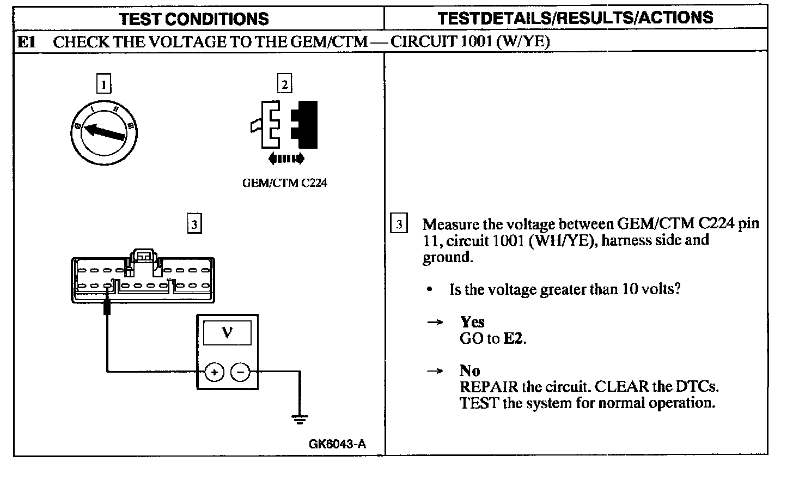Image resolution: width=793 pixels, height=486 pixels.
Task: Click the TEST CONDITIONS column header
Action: (193, 19)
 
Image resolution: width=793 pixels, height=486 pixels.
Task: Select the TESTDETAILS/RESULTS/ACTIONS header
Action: (575, 17)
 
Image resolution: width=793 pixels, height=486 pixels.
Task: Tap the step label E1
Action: (27, 42)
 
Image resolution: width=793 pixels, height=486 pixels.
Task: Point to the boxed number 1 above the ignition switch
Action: (103, 84)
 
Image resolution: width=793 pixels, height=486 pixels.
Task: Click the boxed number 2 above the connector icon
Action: (284, 84)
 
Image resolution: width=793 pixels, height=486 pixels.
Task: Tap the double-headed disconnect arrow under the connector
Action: (286, 159)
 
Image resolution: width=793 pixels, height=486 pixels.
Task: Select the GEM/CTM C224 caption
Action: (284, 183)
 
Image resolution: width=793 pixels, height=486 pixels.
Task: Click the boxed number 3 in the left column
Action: (194, 224)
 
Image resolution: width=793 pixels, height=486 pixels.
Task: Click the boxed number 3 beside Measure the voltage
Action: (399, 224)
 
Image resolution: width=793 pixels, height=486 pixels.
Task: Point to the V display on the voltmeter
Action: (227, 332)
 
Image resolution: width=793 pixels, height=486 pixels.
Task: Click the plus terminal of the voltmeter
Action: (214, 372)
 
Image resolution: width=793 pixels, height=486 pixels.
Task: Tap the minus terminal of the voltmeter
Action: (241, 372)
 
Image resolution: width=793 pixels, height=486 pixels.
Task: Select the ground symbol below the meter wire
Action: (299, 419)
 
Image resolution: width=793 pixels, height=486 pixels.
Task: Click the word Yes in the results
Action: (472, 322)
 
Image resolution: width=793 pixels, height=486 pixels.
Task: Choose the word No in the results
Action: (469, 371)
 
